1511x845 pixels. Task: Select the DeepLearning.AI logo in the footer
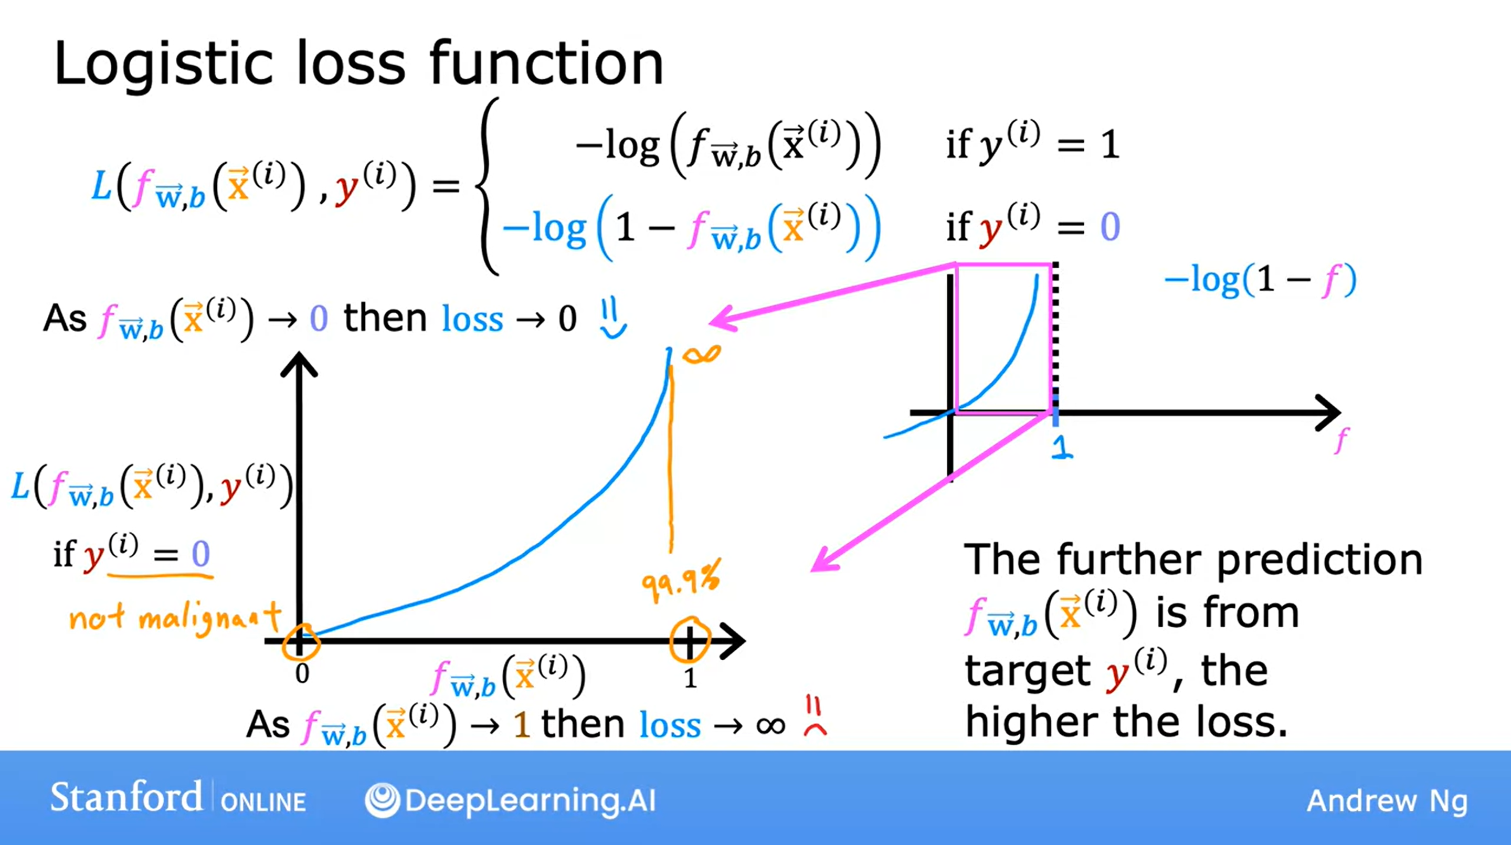[510, 800]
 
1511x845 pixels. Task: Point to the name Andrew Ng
[1387, 801]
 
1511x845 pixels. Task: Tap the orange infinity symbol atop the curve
[701, 354]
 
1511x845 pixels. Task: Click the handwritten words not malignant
[175, 617]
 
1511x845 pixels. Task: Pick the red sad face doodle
[815, 715]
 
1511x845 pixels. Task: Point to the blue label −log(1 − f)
[1261, 280]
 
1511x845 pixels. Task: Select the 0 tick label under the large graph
[302, 674]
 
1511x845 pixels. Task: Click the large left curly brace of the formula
[488, 186]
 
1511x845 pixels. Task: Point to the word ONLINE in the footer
[263, 801]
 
